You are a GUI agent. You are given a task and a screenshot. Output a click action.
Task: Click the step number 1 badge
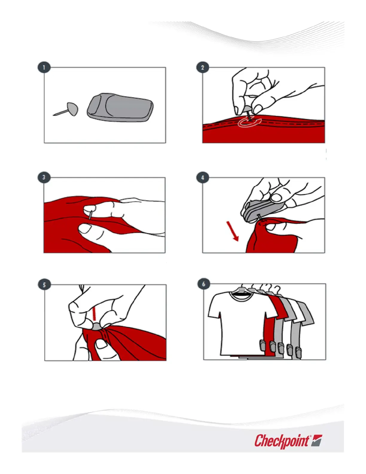pyautogui.click(x=44, y=67)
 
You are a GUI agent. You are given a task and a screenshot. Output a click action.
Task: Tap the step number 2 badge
pyautogui.click(x=203, y=67)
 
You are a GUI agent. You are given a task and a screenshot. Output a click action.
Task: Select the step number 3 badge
pyautogui.click(x=44, y=177)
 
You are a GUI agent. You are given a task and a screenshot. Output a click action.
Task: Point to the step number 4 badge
pyautogui.click(x=203, y=177)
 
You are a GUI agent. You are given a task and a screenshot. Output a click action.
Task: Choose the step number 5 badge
pyautogui.click(x=45, y=285)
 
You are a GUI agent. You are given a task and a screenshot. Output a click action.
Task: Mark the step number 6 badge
pyautogui.click(x=204, y=284)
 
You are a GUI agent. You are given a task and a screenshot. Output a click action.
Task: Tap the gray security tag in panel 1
pyautogui.click(x=120, y=107)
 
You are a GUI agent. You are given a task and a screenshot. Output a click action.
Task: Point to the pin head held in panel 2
pyautogui.click(x=247, y=108)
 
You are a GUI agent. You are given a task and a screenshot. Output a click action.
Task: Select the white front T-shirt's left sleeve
pyautogui.click(x=214, y=307)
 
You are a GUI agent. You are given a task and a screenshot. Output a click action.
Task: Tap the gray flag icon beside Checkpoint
pyautogui.click(x=316, y=440)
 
